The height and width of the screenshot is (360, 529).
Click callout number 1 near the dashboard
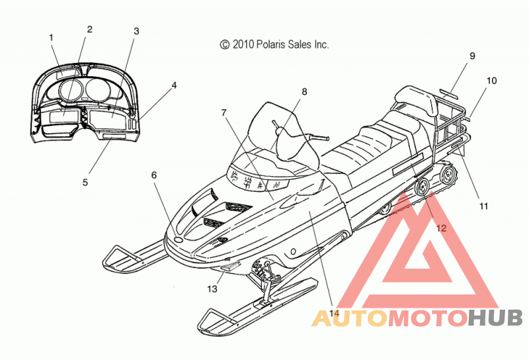(52, 38)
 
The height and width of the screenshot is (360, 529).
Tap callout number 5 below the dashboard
(85, 183)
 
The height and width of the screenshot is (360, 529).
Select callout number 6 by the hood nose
(154, 175)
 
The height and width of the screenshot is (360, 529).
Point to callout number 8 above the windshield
(304, 91)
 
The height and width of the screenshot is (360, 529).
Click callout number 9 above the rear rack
(472, 56)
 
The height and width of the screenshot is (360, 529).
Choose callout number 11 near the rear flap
(484, 206)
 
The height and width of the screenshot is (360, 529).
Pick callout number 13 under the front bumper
(212, 289)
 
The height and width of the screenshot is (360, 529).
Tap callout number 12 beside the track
(441, 228)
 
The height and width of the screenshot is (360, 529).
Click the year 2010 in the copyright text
(243, 44)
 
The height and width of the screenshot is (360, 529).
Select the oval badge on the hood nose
(178, 239)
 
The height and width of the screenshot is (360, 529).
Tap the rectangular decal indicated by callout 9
(449, 94)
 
